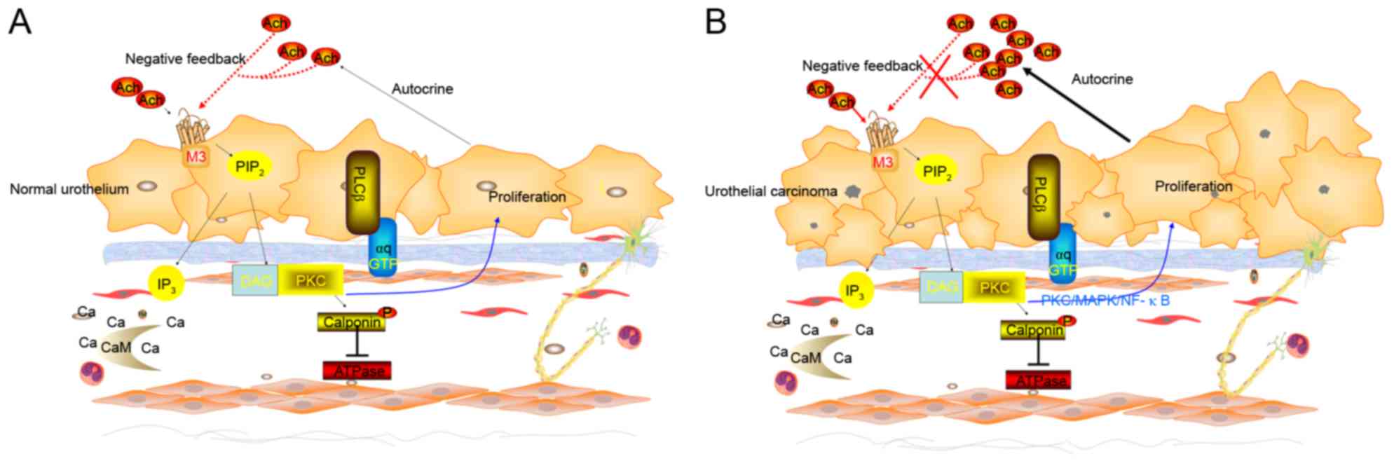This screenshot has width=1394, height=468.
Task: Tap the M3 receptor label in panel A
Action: coord(196,156)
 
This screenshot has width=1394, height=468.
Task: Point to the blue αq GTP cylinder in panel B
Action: coord(1063,263)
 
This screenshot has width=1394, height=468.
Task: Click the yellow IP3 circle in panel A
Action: coord(166,284)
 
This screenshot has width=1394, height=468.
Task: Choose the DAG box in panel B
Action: coord(941,287)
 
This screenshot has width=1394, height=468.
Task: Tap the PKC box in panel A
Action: coord(310,280)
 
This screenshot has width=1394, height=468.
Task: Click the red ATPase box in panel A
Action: coord(357,371)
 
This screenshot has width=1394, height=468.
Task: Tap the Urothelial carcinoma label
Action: coord(771,191)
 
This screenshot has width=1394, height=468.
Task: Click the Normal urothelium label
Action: coord(69,189)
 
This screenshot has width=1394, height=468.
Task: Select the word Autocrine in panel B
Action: coord(1102,79)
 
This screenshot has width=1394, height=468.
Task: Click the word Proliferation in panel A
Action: coord(526,197)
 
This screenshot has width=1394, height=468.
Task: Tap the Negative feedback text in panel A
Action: coord(185,59)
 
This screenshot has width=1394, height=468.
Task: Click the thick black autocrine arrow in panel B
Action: coord(1076,105)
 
